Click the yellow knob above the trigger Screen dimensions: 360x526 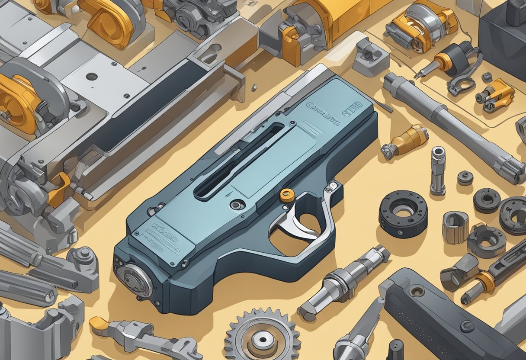click(x=287, y=195)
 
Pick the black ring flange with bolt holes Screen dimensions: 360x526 click(x=403, y=214)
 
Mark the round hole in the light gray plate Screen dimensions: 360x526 click(x=92, y=77)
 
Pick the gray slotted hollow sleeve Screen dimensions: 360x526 click(x=455, y=227)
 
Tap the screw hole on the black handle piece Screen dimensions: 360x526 click(x=417, y=292)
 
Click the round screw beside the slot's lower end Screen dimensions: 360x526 click(x=237, y=204)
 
